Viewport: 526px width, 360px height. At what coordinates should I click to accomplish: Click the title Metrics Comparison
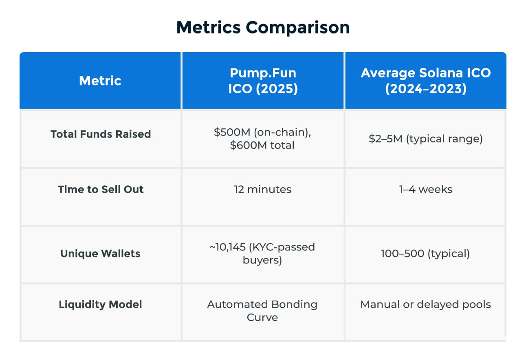click(x=263, y=27)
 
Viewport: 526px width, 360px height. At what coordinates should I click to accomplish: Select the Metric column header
click(x=100, y=81)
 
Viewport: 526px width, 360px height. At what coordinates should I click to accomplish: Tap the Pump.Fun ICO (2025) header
click(x=263, y=81)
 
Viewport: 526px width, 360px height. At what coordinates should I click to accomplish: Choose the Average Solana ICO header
click(x=426, y=81)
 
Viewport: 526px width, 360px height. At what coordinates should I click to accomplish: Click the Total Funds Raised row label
click(x=101, y=134)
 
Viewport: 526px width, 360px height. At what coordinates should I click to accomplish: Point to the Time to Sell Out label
click(x=101, y=189)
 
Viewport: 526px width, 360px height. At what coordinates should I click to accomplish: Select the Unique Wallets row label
click(x=100, y=253)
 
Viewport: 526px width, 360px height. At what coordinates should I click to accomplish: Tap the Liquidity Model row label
click(x=100, y=304)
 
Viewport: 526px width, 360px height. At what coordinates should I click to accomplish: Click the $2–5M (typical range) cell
click(x=426, y=139)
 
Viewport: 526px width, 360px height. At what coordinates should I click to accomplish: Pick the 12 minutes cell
click(x=263, y=189)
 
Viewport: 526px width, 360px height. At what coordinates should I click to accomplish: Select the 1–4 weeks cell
click(x=426, y=189)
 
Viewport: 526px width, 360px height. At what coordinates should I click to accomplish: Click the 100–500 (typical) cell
click(x=425, y=254)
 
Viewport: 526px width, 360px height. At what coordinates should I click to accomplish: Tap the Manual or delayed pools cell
click(x=426, y=305)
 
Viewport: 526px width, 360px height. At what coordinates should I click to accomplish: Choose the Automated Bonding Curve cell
click(x=262, y=311)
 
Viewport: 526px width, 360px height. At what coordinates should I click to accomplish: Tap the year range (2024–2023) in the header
click(x=426, y=89)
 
